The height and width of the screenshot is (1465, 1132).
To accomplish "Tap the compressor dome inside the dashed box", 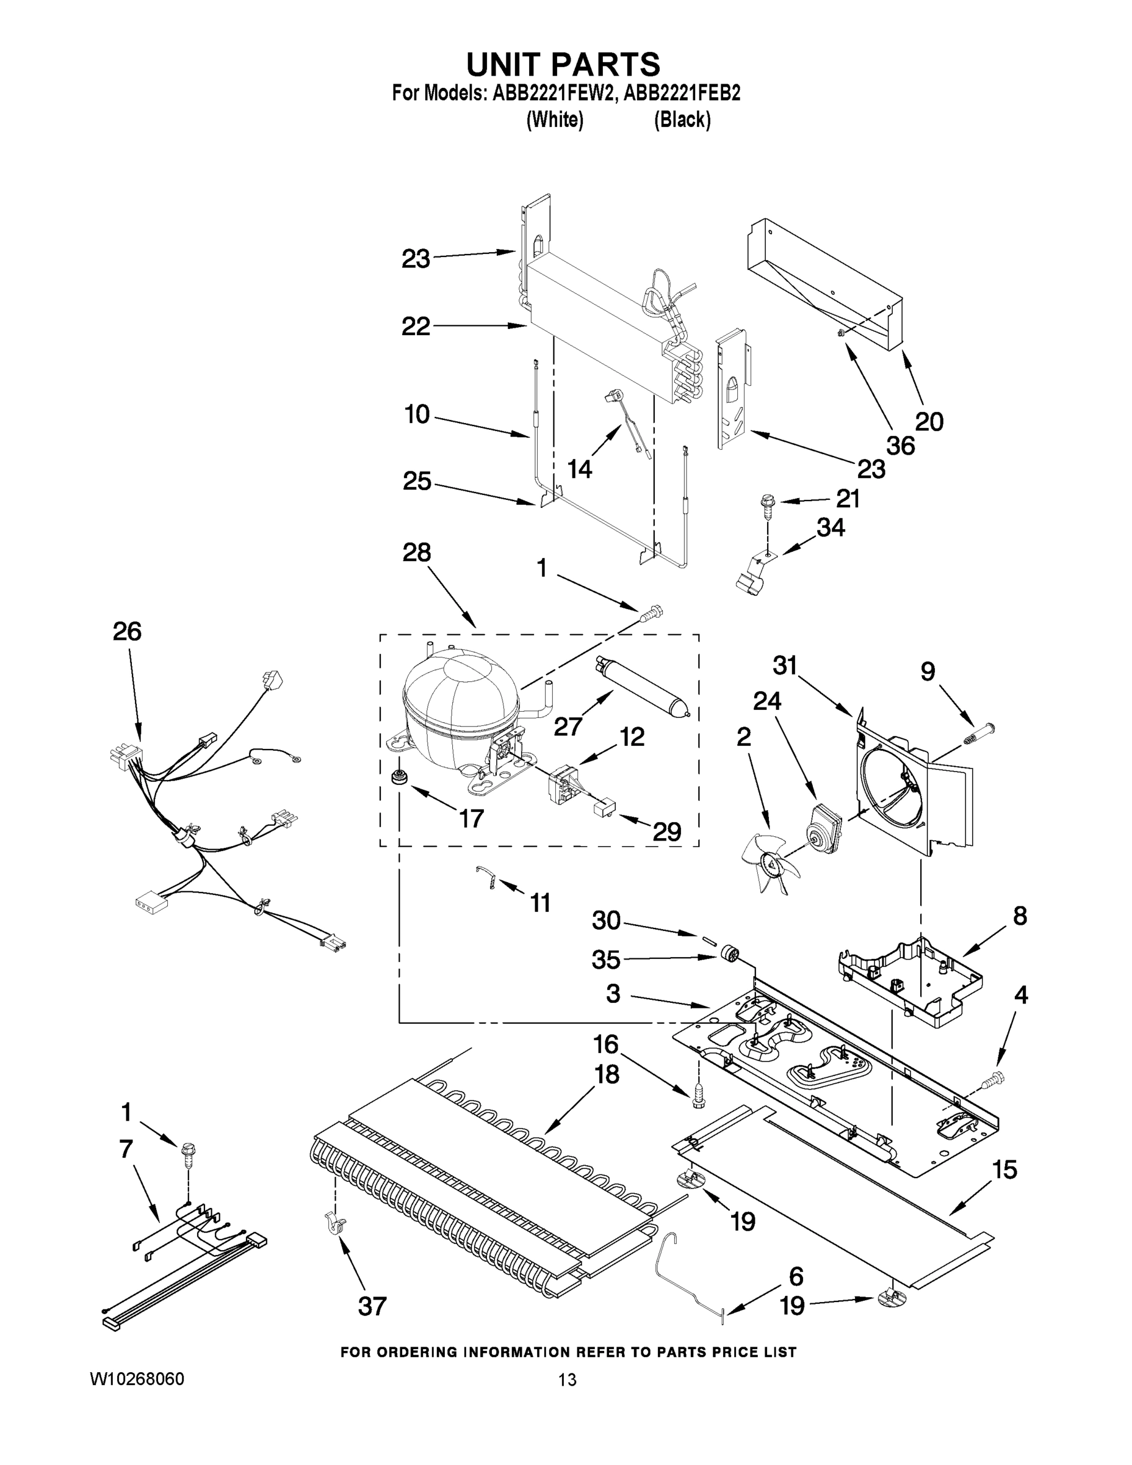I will pos(460,698).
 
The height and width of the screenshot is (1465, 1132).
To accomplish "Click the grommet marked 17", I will pos(400,778).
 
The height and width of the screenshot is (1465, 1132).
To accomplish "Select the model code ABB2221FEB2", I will pos(682,93).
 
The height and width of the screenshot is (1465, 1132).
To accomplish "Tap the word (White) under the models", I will pos(555,120).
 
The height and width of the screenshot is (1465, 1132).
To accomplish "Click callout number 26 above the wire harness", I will pos(127,631).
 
